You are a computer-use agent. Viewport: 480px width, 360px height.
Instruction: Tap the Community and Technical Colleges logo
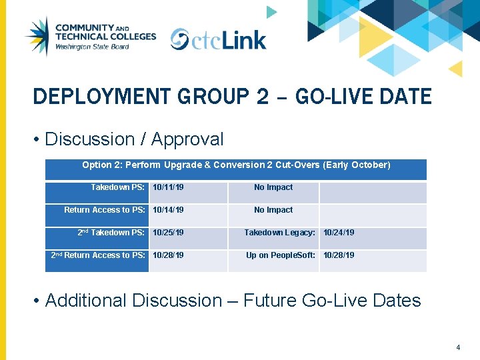tap(89, 37)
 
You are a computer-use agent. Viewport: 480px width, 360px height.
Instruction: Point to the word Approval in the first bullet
tap(187, 139)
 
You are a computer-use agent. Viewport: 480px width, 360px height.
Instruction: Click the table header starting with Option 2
tap(236, 165)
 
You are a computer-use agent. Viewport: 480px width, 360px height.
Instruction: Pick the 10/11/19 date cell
tap(168, 188)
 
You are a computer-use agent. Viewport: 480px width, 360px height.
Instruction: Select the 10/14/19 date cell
tap(168, 211)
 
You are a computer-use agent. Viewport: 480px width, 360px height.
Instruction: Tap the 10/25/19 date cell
tap(168, 233)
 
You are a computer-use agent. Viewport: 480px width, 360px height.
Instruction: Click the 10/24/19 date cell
tap(339, 233)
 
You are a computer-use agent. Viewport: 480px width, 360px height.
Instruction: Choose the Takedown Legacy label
tap(279, 233)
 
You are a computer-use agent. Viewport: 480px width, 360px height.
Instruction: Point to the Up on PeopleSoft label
tap(281, 256)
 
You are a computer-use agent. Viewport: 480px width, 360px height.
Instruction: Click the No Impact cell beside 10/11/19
tap(273, 188)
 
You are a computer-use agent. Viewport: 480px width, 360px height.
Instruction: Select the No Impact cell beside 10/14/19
tap(273, 211)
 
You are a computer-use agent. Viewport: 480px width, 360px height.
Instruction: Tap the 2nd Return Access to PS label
tap(98, 256)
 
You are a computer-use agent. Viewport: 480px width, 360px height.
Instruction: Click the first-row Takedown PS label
tap(118, 188)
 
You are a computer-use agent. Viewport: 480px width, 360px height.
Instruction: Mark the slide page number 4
tap(458, 347)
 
